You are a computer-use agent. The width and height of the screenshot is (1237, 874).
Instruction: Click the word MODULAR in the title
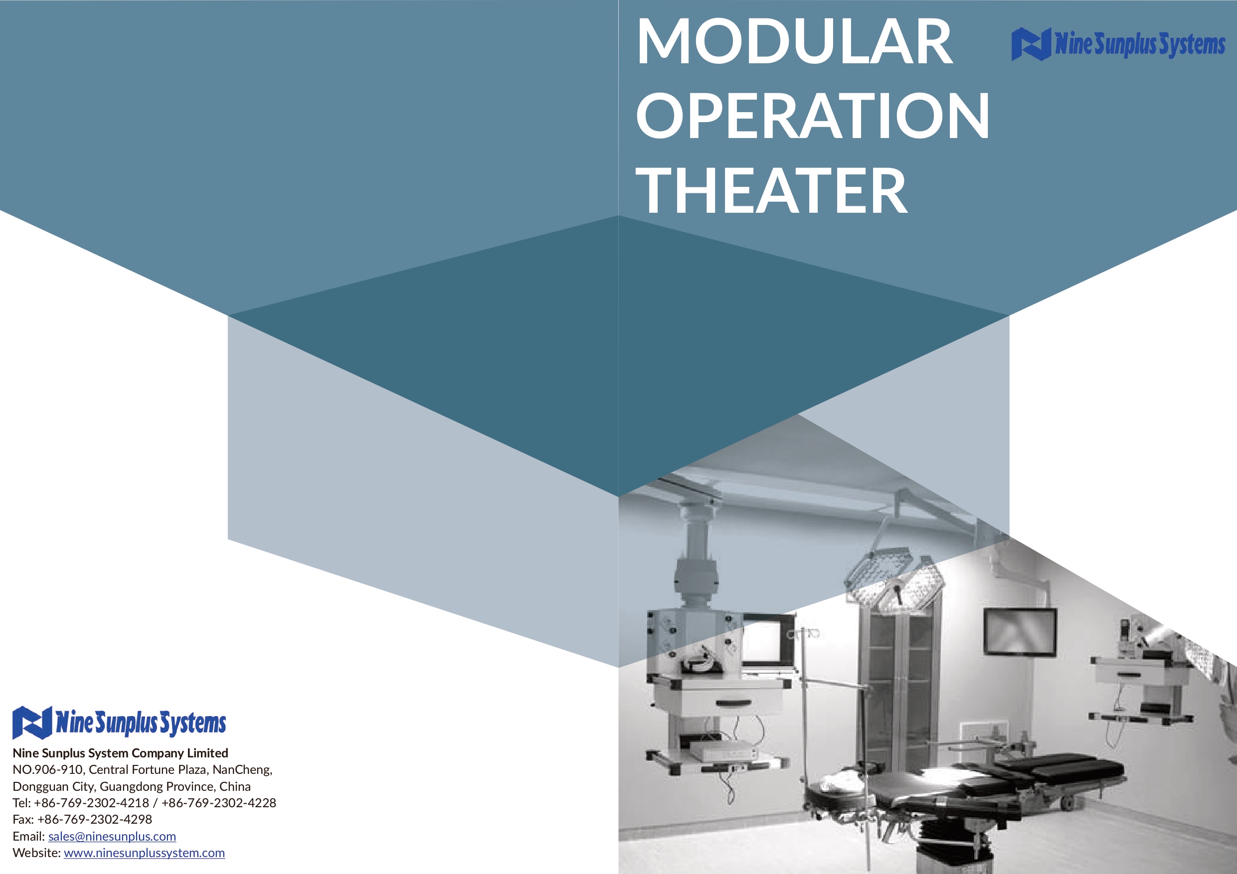coord(794,42)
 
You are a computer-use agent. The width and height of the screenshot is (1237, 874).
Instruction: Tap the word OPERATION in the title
coord(813,115)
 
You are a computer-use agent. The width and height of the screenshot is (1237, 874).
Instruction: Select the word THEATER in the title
coord(771,190)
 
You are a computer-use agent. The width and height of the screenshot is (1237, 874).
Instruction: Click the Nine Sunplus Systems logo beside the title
coord(1118,44)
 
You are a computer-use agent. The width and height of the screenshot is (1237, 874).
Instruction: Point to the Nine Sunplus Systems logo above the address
coord(119,722)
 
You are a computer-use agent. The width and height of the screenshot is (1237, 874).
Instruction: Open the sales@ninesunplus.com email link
coord(112,836)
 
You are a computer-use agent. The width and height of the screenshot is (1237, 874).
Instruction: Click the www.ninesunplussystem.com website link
coord(145,853)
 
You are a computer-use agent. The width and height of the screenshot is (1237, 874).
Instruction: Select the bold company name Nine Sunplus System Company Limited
coord(120,753)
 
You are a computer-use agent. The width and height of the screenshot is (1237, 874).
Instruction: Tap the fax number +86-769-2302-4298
coord(95,819)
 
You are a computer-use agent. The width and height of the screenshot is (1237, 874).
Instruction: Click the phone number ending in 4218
coord(92,802)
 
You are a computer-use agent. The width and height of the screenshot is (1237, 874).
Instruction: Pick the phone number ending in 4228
coord(219,802)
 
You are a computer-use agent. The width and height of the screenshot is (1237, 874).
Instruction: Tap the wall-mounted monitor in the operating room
coord(1020,632)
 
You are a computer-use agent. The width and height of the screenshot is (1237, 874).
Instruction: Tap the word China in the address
coord(235,786)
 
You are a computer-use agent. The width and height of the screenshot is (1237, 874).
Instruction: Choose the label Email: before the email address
coord(28,836)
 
